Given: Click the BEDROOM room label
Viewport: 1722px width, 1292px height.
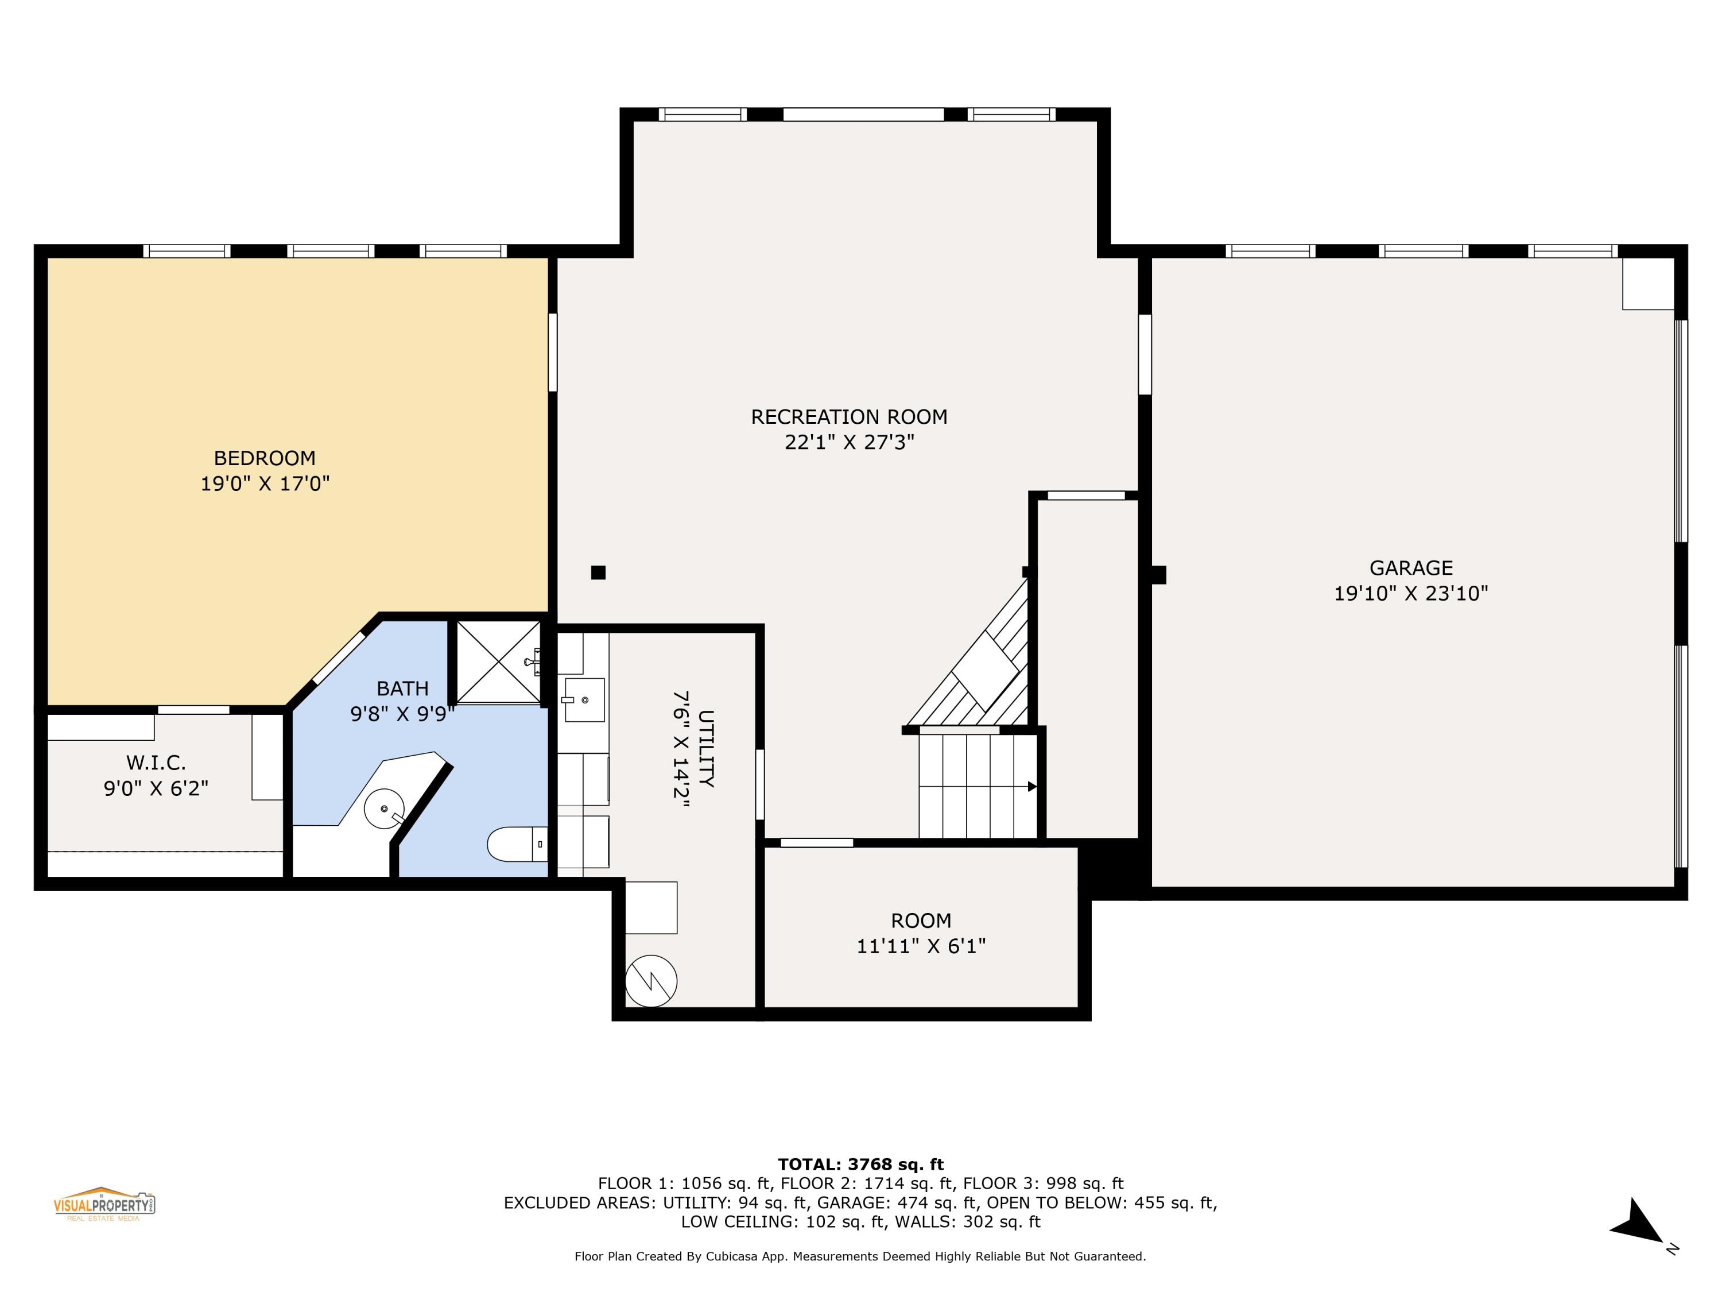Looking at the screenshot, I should click(x=265, y=458).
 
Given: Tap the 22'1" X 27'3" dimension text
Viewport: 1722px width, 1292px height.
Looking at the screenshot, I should click(x=848, y=442).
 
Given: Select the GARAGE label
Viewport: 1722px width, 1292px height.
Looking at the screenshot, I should click(x=1411, y=568).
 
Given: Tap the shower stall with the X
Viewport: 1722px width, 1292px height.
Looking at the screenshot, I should click(x=498, y=663).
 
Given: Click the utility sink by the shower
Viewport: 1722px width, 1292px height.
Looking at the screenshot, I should click(x=584, y=699).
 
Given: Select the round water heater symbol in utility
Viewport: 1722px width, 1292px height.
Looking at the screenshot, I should click(x=651, y=981).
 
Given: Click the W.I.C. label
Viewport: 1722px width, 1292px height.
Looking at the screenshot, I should click(x=156, y=763).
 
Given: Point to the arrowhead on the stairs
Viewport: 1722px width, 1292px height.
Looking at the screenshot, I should click(x=1031, y=787).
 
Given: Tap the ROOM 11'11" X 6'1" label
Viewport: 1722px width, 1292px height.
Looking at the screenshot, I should click(x=921, y=933).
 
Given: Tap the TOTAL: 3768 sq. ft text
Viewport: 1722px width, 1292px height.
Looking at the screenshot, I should click(x=860, y=1165).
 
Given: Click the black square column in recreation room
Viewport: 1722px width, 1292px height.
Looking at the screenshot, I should click(x=598, y=572).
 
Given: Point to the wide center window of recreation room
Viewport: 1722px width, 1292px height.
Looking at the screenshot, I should click(x=863, y=114).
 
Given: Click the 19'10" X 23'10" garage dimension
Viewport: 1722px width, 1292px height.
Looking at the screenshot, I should click(x=1411, y=593).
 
